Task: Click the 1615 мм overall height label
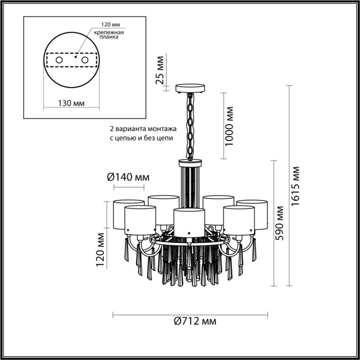point(295,186)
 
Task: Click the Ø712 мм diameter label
point(191,321)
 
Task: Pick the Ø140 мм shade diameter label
point(128,177)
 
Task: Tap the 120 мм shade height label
point(101,250)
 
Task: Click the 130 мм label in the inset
point(71,102)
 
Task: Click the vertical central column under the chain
point(190,185)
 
